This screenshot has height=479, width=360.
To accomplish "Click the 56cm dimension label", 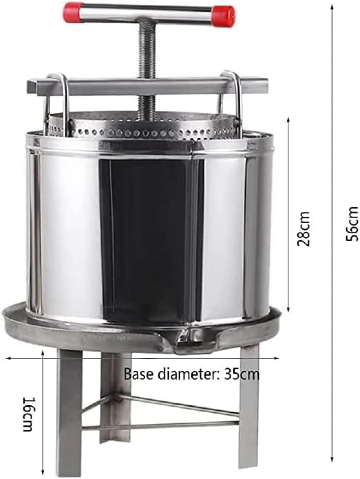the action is [x=352, y=224].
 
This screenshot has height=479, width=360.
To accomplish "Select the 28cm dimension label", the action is [x=303, y=229].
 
